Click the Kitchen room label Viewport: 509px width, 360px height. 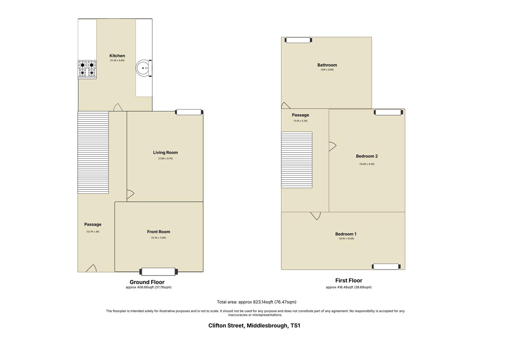[x=117, y=56]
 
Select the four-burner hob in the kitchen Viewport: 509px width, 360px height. [x=87, y=69]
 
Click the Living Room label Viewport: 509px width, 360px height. [x=165, y=152]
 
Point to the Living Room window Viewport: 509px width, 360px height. [x=189, y=112]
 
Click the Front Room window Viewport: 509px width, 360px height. [x=159, y=272]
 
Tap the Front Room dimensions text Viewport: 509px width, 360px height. [x=159, y=238]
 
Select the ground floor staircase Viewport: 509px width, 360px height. [x=93, y=152]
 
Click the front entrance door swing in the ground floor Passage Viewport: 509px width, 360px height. [x=92, y=268]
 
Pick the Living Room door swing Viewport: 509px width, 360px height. [x=130, y=194]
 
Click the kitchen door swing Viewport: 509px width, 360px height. [x=118, y=108]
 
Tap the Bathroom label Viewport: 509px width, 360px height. [x=327, y=65]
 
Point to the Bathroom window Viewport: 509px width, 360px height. [x=298, y=40]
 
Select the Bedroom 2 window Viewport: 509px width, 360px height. [x=388, y=112]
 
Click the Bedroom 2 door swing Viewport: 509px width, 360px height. [x=332, y=146]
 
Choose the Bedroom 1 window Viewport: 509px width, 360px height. [x=386, y=266]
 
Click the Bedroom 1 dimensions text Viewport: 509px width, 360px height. [x=346, y=239]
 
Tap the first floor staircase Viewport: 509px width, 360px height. [x=297, y=160]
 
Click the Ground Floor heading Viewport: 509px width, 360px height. [x=147, y=282]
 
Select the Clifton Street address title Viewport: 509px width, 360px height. [x=254, y=325]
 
